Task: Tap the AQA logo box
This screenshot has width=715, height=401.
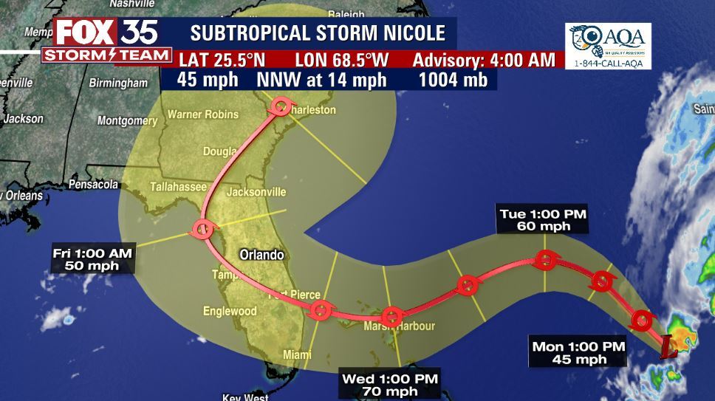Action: click(x=608, y=46)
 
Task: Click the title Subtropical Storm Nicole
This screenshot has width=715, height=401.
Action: click(x=318, y=33)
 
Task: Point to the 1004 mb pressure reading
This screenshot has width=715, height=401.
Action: click(x=453, y=80)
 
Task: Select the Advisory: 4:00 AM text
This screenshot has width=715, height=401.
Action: click(x=484, y=60)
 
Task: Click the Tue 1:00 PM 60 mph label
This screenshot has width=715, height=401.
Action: click(x=543, y=220)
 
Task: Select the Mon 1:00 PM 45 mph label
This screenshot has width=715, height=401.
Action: click(x=578, y=352)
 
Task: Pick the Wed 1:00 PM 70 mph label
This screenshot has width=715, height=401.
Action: click(x=390, y=385)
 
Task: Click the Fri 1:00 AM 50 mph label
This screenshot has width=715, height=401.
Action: click(x=92, y=259)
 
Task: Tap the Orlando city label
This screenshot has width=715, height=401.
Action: click(x=261, y=256)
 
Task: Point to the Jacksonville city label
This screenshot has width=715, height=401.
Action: click(x=256, y=192)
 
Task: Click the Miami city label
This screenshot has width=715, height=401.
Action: click(x=298, y=355)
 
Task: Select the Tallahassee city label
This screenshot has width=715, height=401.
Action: click(x=178, y=188)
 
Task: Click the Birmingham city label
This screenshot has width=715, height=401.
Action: click(x=118, y=83)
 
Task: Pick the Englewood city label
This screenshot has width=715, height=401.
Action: click(x=230, y=311)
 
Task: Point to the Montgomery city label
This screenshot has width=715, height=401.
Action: click(x=127, y=120)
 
